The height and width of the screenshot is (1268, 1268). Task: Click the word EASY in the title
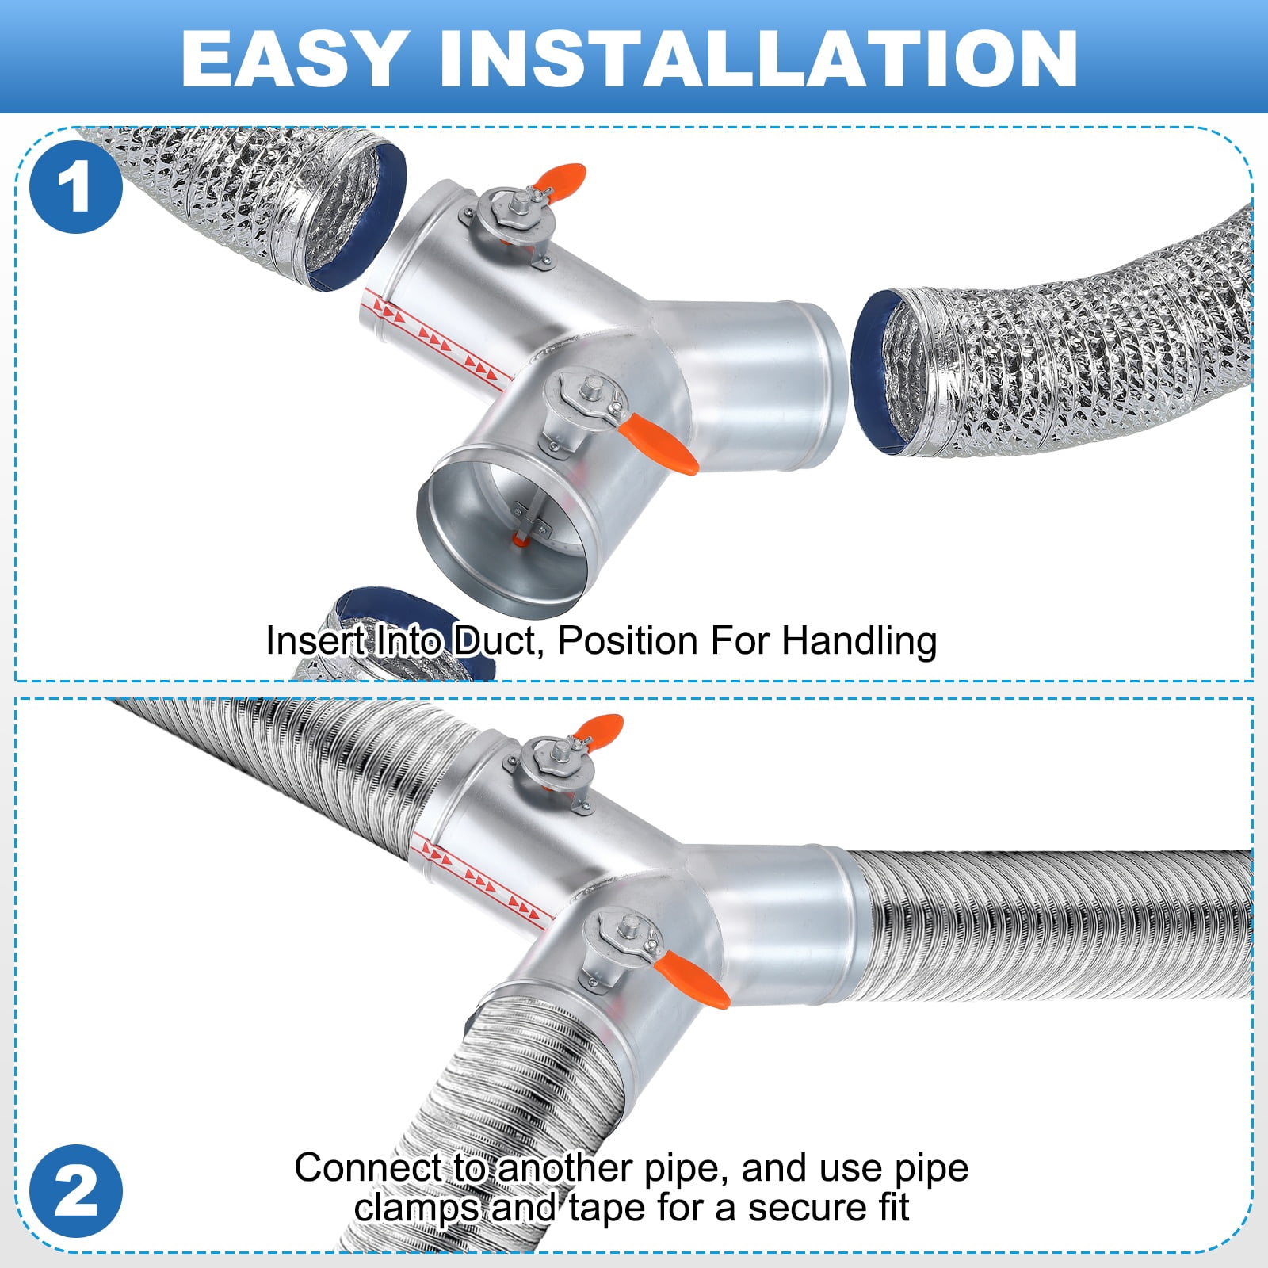[x=294, y=58]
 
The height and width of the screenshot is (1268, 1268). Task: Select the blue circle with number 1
[x=76, y=187]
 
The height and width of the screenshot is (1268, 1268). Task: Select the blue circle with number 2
[x=76, y=1191]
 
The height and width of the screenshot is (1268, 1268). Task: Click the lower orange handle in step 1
[x=658, y=445]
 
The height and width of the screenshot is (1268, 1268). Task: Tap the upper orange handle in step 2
[x=599, y=729]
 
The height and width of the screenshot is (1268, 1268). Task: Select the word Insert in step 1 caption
[x=315, y=641]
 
